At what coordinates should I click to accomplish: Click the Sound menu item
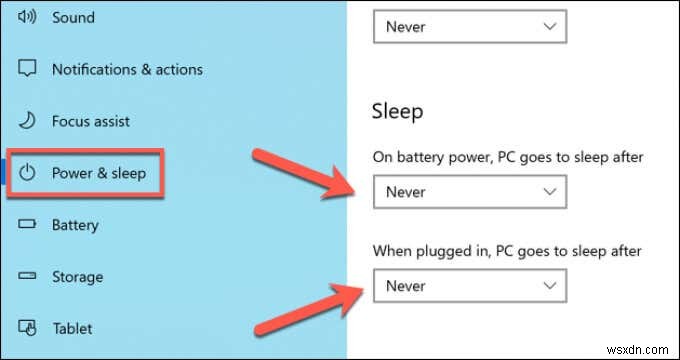click(73, 18)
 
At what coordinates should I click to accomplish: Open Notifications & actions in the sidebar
click(127, 69)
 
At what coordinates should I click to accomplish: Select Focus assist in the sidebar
click(92, 121)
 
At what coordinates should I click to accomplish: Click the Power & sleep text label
click(99, 173)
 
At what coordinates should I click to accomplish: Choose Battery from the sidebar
click(76, 225)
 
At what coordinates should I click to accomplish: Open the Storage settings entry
click(77, 277)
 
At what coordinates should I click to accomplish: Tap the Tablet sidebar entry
click(72, 328)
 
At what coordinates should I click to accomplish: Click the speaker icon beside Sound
click(27, 18)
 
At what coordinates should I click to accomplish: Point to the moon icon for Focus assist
click(28, 121)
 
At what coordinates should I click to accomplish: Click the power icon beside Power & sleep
click(28, 173)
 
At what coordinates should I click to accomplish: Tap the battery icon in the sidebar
click(28, 225)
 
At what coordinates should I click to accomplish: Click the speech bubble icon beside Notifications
click(28, 69)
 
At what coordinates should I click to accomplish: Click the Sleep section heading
click(397, 110)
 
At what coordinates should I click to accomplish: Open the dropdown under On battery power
click(469, 192)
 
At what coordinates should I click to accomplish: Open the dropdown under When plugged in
click(469, 286)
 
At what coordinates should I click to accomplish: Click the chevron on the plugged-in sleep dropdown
click(547, 286)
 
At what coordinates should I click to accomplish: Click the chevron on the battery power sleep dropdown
click(547, 192)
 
